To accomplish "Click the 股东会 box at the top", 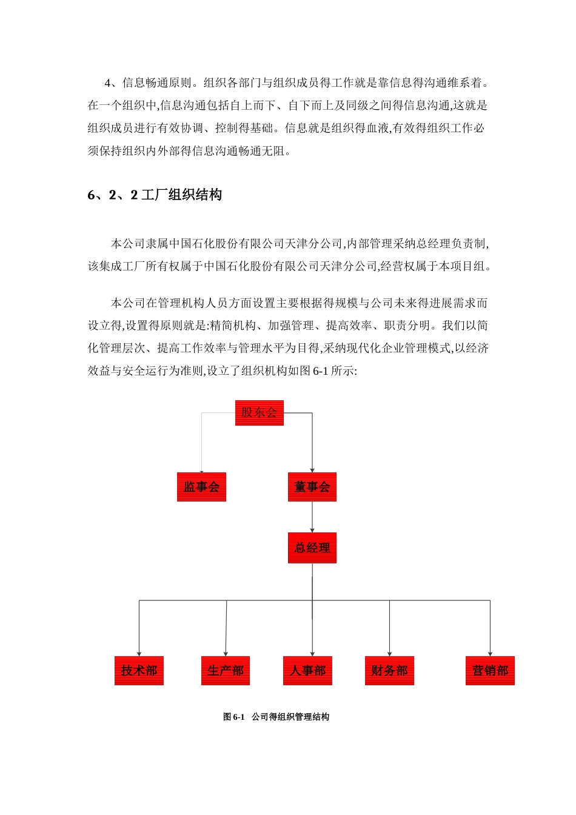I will pyautogui.click(x=259, y=413).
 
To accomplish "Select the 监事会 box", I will pyautogui.click(x=201, y=487).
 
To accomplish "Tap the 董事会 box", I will pyautogui.click(x=312, y=487).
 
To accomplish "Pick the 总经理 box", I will pyautogui.click(x=312, y=548).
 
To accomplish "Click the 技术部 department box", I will pyautogui.click(x=139, y=671).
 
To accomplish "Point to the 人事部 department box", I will pyautogui.click(x=307, y=671).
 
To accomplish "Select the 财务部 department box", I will pyautogui.click(x=389, y=671).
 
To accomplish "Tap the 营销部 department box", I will pyautogui.click(x=490, y=671).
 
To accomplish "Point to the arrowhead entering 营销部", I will pyautogui.click(x=490, y=653).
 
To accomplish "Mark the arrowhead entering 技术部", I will pyautogui.click(x=139, y=653).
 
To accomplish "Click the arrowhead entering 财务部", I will pyautogui.click(x=389, y=653).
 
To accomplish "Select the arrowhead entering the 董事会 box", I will pyautogui.click(x=312, y=470).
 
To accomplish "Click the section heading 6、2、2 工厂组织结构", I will pyautogui.click(x=155, y=195).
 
